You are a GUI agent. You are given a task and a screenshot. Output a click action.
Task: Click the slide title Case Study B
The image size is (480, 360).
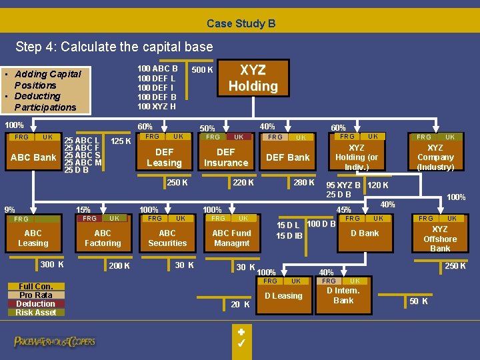click(241, 23)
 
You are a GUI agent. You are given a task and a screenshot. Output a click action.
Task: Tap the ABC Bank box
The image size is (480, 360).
click(33, 157)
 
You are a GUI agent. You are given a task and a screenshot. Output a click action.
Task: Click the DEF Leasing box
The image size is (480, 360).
click(164, 157)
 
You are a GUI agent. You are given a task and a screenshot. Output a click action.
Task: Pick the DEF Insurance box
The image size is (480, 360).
click(226, 157)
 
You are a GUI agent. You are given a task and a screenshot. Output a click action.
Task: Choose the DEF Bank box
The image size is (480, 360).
click(288, 157)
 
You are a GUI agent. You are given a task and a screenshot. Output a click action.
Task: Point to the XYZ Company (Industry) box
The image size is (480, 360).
click(435, 157)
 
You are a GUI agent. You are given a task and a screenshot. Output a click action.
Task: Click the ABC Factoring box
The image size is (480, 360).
click(103, 238)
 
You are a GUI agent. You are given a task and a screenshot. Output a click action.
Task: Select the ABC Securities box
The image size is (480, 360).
click(167, 238)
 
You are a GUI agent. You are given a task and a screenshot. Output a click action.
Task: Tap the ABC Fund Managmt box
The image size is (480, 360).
click(231, 238)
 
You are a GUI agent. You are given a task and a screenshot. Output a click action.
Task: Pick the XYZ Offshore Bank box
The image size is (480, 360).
click(440, 239)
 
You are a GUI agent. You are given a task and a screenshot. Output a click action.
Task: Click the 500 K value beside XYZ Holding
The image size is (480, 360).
click(202, 70)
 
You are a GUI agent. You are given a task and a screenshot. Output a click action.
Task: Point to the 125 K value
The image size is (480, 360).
click(120, 141)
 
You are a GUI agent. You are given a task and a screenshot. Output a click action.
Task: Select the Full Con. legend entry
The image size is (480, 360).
click(36, 287)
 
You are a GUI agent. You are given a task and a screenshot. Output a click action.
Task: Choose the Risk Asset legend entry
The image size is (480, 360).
click(36, 312)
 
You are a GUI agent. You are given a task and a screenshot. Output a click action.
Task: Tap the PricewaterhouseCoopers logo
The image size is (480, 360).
click(55, 342)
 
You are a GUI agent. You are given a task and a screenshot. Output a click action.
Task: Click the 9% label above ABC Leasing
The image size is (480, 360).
click(9, 209)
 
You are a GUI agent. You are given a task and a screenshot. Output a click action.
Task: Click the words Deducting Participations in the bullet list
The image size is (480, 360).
click(43, 101)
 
